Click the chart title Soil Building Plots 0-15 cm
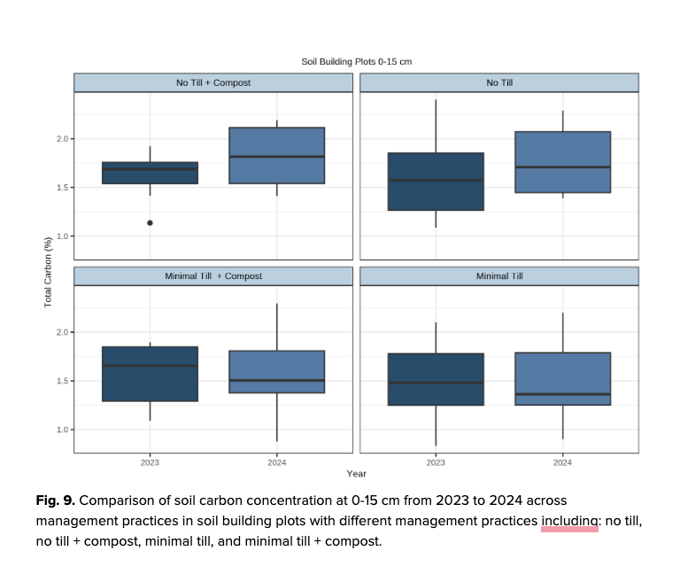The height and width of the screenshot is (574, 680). pos(356,61)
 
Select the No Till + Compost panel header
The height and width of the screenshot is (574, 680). pos(213,83)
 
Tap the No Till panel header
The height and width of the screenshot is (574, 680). pos(499,83)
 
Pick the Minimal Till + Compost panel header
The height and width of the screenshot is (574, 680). pos(213,276)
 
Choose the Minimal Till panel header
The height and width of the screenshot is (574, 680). pos(499,276)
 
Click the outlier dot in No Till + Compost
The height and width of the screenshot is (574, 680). pos(150,223)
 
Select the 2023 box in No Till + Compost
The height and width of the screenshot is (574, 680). pos(150,174)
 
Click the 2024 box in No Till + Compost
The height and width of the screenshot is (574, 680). pos(276,156)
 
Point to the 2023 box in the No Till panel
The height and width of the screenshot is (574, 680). pos(436,182)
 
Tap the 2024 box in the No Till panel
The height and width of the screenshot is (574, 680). pos(562,162)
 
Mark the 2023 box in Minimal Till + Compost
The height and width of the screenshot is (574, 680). pos(150,374)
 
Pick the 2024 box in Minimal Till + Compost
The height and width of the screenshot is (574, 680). pos(276,372)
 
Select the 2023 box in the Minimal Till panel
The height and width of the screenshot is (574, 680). pos(436,379)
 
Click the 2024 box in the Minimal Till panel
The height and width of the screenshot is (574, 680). pos(562,379)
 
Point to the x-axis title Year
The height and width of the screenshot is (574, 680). pos(356,475)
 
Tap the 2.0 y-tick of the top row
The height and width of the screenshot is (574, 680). pos(58,139)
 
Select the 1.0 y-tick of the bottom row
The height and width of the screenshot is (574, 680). pos(58,430)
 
